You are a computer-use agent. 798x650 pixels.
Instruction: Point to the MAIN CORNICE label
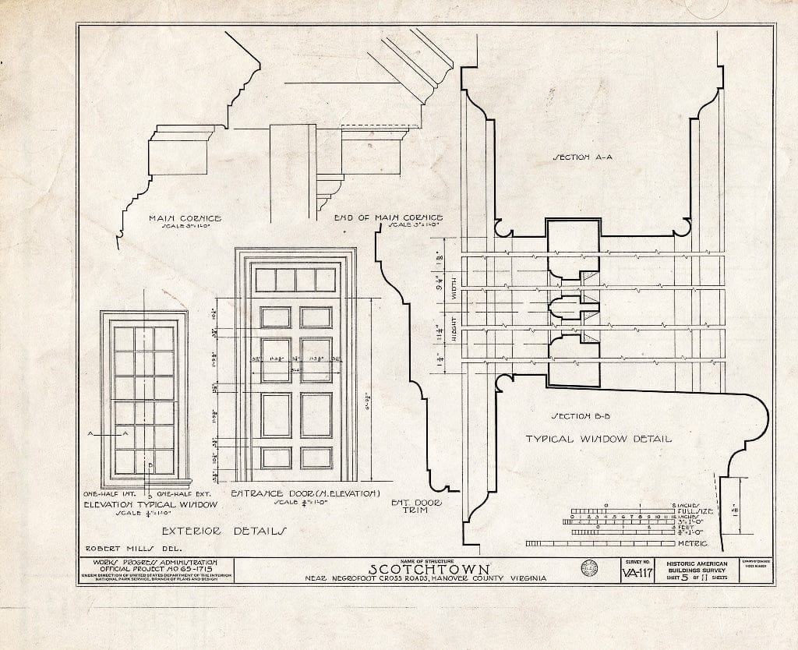[x=185, y=219]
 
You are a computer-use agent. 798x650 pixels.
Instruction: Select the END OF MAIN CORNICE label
[x=388, y=217]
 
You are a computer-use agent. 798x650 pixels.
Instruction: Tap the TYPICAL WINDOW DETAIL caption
[x=598, y=439]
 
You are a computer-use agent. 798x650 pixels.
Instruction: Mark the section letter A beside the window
[x=91, y=433]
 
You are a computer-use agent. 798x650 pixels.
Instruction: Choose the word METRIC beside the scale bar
[x=693, y=542]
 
